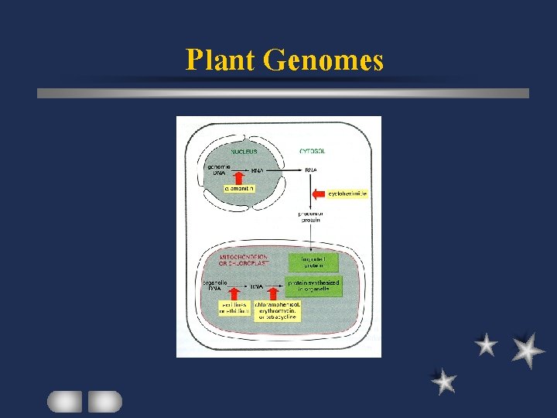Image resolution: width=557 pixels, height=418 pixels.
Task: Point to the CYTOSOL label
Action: click(312, 152)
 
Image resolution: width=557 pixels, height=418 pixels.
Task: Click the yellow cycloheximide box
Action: click(347, 194)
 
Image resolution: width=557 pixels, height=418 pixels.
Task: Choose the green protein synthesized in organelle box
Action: click(313, 286)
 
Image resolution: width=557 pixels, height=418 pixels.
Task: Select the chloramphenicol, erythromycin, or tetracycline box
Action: click(278, 311)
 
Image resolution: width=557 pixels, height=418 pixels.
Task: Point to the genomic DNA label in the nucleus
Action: click(216, 170)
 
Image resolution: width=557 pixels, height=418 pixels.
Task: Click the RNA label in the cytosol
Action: click(310, 170)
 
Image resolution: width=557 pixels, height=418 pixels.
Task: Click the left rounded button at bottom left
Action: click(65, 401)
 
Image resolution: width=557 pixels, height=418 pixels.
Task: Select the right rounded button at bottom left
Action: click(104, 401)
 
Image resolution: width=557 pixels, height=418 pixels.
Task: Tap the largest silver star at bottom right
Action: click(527, 350)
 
